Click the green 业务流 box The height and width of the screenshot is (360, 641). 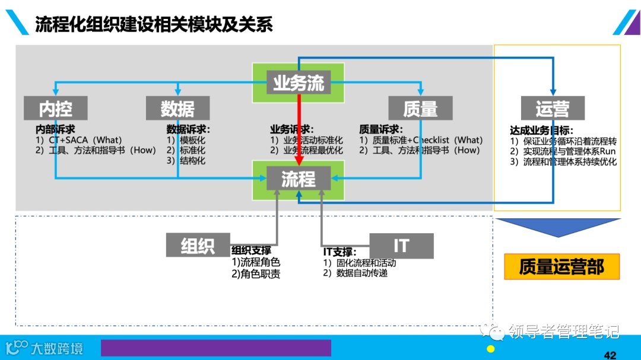coord(299,83)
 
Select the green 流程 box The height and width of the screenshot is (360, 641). coord(299,179)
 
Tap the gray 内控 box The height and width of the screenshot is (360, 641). coord(56,109)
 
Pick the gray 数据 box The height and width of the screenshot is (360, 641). coord(177,109)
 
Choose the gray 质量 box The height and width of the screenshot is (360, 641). coord(420,109)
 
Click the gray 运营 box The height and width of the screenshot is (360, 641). coord(552,109)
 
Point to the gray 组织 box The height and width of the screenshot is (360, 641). coord(198,246)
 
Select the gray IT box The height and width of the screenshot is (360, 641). coord(401,246)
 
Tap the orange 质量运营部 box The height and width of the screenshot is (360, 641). coord(561,267)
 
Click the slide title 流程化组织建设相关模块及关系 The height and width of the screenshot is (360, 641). coord(154,24)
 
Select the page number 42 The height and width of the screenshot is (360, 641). coord(610,355)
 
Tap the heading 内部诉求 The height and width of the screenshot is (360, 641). coord(55,129)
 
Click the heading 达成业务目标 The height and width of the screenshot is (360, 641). coord(541,130)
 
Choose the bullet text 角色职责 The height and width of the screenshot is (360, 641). coord(256,274)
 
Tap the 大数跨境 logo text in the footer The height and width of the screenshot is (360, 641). coord(56,348)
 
